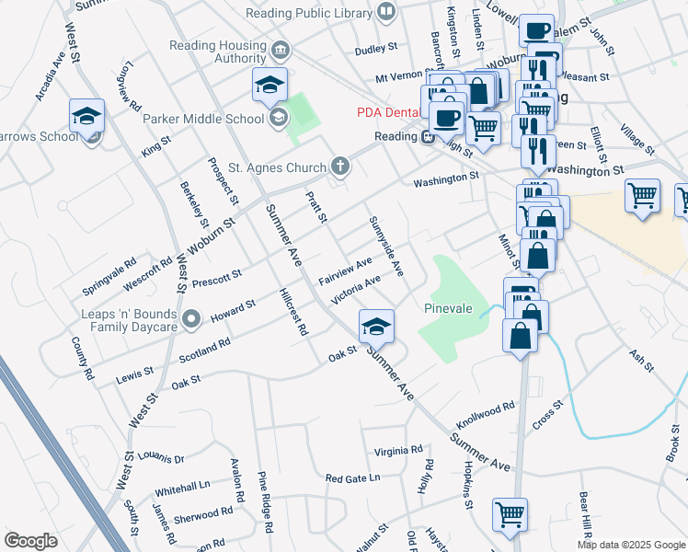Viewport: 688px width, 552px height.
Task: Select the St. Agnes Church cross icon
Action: [x=340, y=167]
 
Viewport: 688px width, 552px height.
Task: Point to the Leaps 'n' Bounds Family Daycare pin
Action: [x=191, y=319]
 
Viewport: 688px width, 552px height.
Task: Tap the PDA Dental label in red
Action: [x=388, y=113]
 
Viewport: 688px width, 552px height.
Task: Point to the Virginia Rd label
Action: [x=398, y=451]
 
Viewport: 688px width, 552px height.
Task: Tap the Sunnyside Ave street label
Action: [x=386, y=246]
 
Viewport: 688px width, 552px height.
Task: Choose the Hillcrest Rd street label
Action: [x=293, y=313]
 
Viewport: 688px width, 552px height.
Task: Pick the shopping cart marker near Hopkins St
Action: [x=510, y=515]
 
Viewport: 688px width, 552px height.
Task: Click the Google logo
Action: [x=30, y=541]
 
